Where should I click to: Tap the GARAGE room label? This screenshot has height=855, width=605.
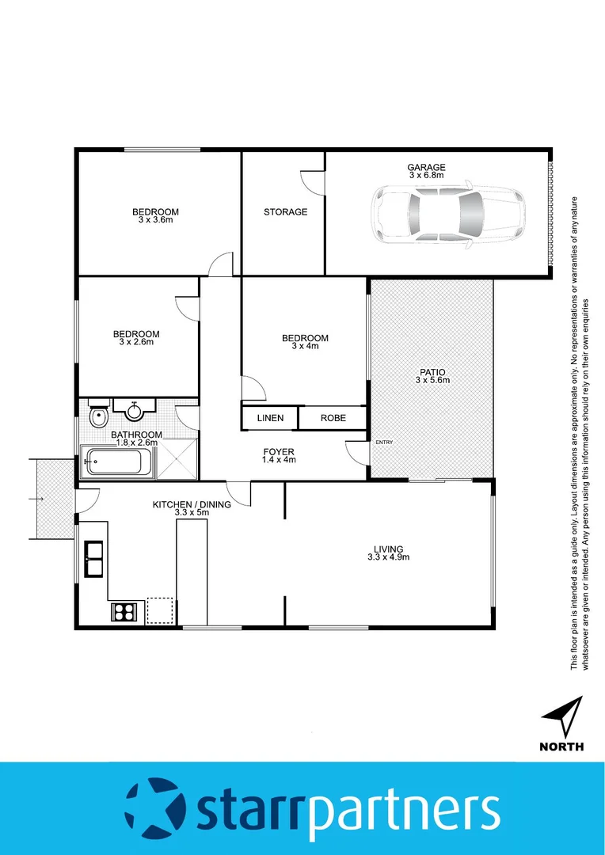(x=427, y=167)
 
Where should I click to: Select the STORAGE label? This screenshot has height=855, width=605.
(x=285, y=212)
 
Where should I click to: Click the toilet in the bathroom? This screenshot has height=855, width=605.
(x=99, y=415)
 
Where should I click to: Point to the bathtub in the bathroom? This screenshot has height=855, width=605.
(x=118, y=462)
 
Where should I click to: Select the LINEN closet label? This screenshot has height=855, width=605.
(x=268, y=417)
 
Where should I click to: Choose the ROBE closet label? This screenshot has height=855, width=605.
(x=333, y=417)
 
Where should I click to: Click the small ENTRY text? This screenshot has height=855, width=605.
(x=384, y=443)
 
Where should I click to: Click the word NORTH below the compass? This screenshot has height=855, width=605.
(x=562, y=747)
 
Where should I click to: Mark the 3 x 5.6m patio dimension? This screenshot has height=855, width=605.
(x=432, y=381)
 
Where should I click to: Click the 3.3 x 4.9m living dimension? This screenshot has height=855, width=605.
(x=389, y=557)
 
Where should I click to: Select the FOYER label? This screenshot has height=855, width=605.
(x=279, y=452)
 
